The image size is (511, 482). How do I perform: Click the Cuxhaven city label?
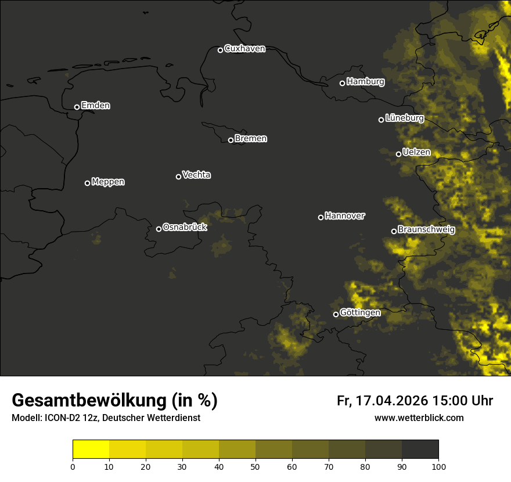244,49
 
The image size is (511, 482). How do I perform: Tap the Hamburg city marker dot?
342,83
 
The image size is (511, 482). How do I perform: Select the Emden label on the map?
96,106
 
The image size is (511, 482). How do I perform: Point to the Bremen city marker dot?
231,140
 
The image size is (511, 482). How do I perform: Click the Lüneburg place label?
405,118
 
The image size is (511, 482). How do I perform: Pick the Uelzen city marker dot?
398,154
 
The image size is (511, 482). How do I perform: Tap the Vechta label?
197,175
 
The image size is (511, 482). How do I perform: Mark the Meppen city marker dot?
87,183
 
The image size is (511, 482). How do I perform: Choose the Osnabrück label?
185,227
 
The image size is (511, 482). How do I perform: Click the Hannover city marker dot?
321,217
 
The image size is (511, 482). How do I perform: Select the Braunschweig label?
426,230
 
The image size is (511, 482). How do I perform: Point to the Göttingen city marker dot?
336,314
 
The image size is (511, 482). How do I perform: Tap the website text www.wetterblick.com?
419,418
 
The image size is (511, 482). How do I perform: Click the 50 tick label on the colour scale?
255,466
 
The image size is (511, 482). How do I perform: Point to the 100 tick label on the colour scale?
438,466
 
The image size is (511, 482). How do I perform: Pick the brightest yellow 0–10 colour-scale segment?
91,449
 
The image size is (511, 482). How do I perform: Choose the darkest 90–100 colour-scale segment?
420,449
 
